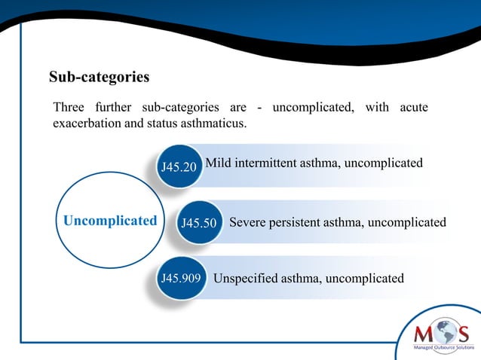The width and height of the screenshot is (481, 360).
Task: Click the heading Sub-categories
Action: pos(99,78)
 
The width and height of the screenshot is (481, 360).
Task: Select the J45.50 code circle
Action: pos(200,224)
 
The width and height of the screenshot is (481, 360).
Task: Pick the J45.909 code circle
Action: pos(179,279)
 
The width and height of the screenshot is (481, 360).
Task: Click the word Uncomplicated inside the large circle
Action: pos(110,221)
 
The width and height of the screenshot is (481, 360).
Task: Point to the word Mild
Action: pos(219,163)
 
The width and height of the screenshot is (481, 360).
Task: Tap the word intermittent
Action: pos(268,163)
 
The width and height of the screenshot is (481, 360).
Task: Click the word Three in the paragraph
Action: pos(69,108)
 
